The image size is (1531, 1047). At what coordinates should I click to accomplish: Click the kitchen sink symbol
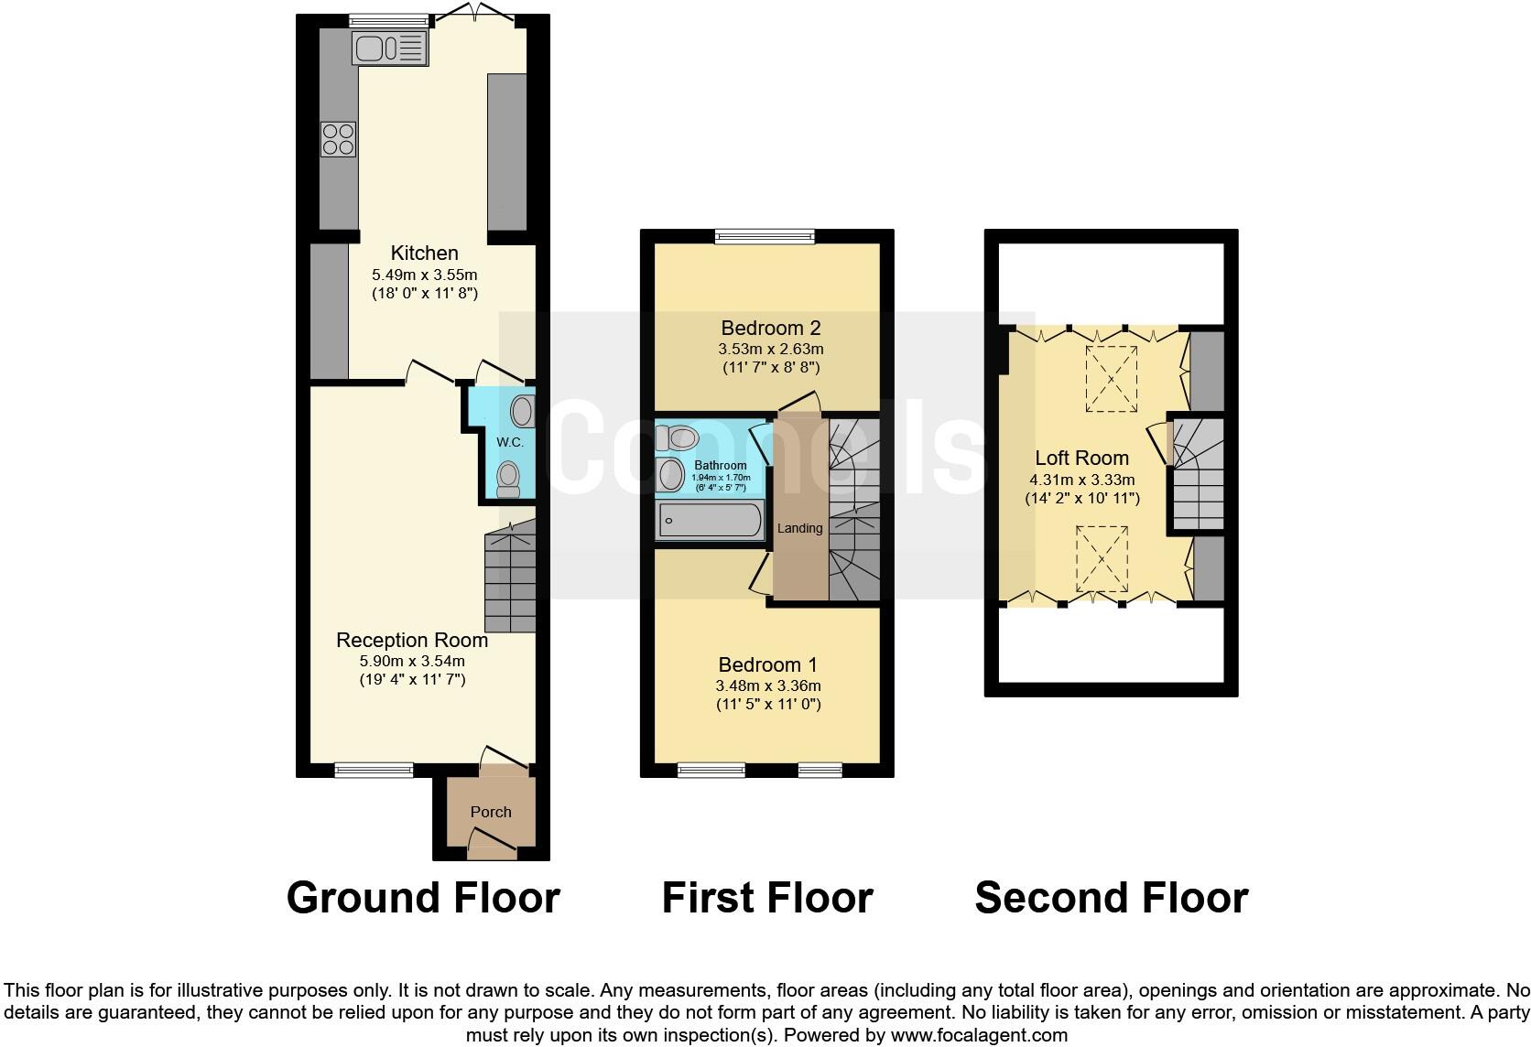click(390, 49)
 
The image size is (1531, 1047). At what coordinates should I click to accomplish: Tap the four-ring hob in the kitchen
click(338, 139)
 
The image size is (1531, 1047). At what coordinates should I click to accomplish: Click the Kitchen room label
click(424, 254)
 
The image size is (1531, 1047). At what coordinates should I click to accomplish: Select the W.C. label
click(510, 442)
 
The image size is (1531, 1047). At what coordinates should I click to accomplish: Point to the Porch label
click(491, 812)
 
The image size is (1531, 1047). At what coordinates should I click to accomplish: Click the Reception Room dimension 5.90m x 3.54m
click(412, 661)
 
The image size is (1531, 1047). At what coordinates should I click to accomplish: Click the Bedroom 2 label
click(770, 328)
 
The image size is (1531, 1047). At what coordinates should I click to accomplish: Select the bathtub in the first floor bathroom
click(710, 521)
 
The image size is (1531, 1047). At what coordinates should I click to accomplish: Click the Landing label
click(799, 528)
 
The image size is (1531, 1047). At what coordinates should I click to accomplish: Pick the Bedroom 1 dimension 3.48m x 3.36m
click(767, 685)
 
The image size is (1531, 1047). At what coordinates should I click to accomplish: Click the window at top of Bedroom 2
click(765, 236)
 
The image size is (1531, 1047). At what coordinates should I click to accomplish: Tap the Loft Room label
click(1081, 458)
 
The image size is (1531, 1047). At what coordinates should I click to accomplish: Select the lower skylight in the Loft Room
click(1102, 558)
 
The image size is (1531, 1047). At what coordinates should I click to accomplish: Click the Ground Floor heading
click(423, 898)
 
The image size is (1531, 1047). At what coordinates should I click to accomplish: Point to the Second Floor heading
click(1111, 898)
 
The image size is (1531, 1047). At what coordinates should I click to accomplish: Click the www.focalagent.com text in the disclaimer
click(979, 1035)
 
